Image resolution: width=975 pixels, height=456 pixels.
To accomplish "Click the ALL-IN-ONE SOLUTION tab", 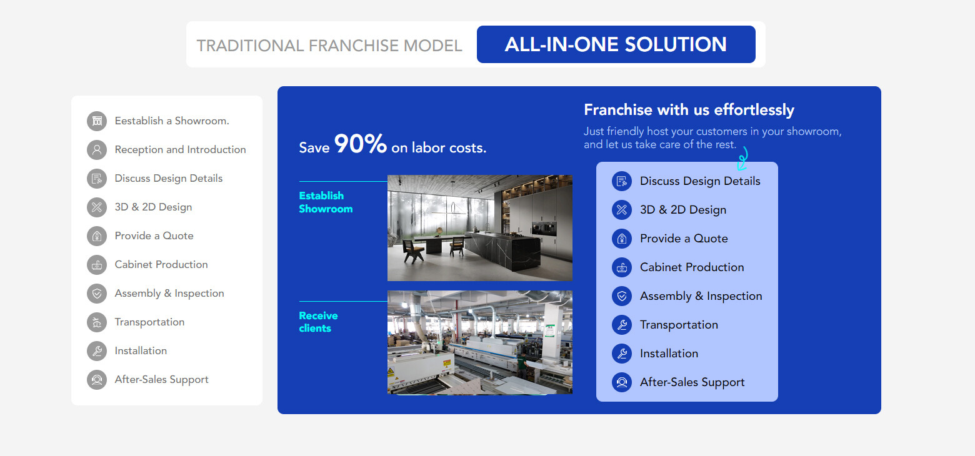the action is (x=616, y=44).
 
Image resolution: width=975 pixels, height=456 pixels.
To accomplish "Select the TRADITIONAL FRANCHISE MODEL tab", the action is (x=329, y=46).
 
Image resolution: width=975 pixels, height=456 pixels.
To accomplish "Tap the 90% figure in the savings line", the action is (x=361, y=144).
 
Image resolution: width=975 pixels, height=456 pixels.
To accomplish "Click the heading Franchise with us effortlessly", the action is (x=689, y=110).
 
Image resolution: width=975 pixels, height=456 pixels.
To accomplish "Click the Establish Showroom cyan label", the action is (x=326, y=202).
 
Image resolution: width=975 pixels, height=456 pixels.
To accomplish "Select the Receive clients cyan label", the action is (x=318, y=322).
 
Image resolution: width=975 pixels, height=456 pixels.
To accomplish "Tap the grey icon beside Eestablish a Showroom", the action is (x=97, y=121).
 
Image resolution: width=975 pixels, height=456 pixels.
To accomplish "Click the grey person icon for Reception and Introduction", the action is (x=97, y=150).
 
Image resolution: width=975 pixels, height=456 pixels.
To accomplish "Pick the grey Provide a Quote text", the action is (x=154, y=236).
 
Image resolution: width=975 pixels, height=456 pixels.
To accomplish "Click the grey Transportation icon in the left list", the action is (x=97, y=322).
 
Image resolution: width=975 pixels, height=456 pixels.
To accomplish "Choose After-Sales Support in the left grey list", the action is (x=161, y=379).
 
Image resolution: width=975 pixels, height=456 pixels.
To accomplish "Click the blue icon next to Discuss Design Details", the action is (x=622, y=181).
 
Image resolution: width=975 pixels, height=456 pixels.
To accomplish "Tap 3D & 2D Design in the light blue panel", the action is (x=683, y=210).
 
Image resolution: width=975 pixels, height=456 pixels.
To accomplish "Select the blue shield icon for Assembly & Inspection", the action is (x=622, y=296).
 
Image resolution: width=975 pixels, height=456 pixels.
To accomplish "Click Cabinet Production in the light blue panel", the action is (x=692, y=267).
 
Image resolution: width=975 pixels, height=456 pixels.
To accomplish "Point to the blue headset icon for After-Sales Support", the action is (x=622, y=382).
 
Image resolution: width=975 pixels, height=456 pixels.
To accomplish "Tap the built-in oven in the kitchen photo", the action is (x=544, y=229).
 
